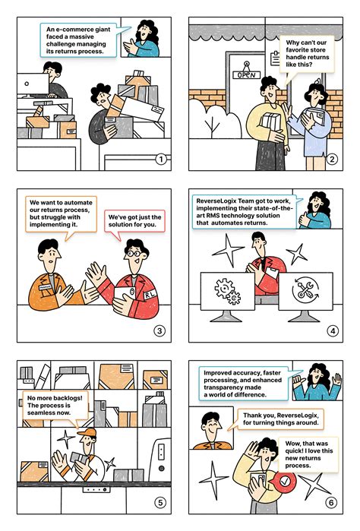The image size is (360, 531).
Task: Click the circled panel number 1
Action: (x=161, y=159)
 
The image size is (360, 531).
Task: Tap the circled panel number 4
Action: (x=333, y=330)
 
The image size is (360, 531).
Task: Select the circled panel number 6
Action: (x=331, y=502)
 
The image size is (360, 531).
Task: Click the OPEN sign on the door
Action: (x=247, y=75)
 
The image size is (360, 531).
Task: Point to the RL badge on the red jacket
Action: (x=150, y=294)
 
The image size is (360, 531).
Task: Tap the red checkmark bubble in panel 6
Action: (x=285, y=481)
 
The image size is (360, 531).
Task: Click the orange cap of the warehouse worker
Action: (x=87, y=432)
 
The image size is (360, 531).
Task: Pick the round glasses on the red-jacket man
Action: (x=133, y=253)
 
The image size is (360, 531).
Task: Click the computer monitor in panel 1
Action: (x=33, y=84)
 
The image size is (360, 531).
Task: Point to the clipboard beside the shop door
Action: (x=275, y=58)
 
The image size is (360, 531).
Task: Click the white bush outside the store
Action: (x=214, y=119)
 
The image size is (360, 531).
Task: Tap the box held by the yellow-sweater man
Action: (x=271, y=122)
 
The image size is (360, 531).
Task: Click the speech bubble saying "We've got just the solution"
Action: (x=134, y=222)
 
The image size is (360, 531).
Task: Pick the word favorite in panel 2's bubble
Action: (x=299, y=50)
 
